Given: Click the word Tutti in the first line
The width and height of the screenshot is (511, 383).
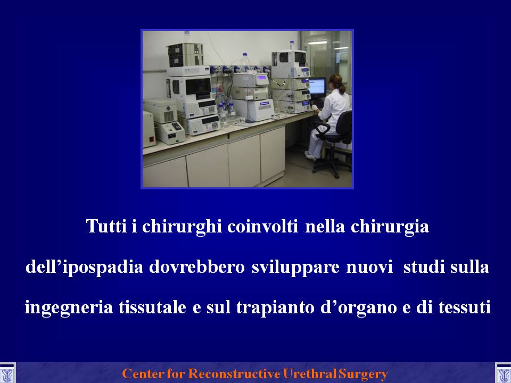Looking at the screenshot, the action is pyautogui.click(x=106, y=226).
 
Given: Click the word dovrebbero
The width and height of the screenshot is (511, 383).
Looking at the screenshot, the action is pyautogui.click(x=197, y=267).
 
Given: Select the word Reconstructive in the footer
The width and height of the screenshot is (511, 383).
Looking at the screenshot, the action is pyautogui.click(x=234, y=373).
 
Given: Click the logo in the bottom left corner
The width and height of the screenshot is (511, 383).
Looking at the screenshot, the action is pyautogui.click(x=7, y=373).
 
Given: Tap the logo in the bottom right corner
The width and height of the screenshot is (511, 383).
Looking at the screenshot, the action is pyautogui.click(x=503, y=373).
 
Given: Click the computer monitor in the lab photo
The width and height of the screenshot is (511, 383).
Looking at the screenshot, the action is pyautogui.click(x=317, y=86).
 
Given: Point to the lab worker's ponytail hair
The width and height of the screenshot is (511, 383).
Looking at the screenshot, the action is pyautogui.click(x=341, y=88).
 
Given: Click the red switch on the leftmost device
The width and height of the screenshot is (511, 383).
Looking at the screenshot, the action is pyautogui.click(x=152, y=139).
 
